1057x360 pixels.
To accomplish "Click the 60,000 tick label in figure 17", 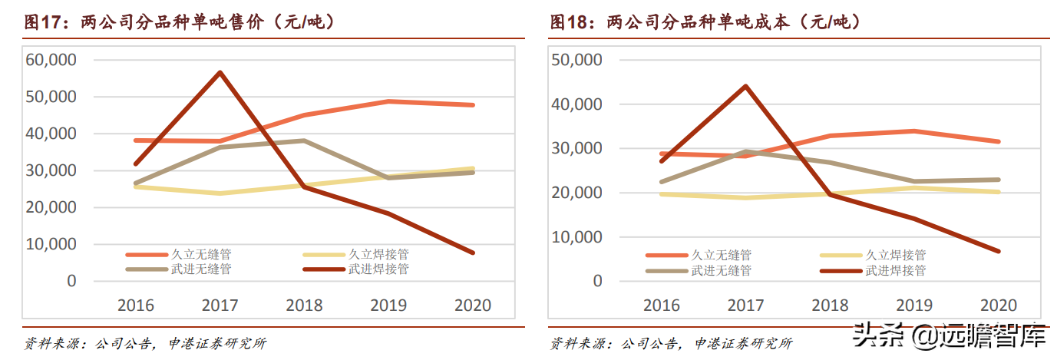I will [x=51, y=60].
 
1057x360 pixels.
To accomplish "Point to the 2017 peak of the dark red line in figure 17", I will [x=220, y=73].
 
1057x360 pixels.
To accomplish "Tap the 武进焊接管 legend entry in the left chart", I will [x=378, y=269].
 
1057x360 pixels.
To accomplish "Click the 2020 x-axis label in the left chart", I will [x=474, y=306].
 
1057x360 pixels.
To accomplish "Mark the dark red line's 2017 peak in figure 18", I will [x=745, y=86].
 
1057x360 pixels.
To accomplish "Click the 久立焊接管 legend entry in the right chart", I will [x=896, y=255].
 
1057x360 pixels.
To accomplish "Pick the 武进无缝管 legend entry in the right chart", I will [x=721, y=271].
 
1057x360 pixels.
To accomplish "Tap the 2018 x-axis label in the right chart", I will [x=829, y=306].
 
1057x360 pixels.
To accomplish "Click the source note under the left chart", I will [x=145, y=343].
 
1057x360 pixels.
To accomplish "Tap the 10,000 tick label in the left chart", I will [x=51, y=244].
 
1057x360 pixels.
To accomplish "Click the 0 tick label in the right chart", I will [x=598, y=282].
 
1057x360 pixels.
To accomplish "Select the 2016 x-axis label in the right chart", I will [x=662, y=306].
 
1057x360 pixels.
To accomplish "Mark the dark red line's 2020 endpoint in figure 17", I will [x=473, y=253].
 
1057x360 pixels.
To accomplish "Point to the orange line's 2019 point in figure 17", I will [x=389, y=101].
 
